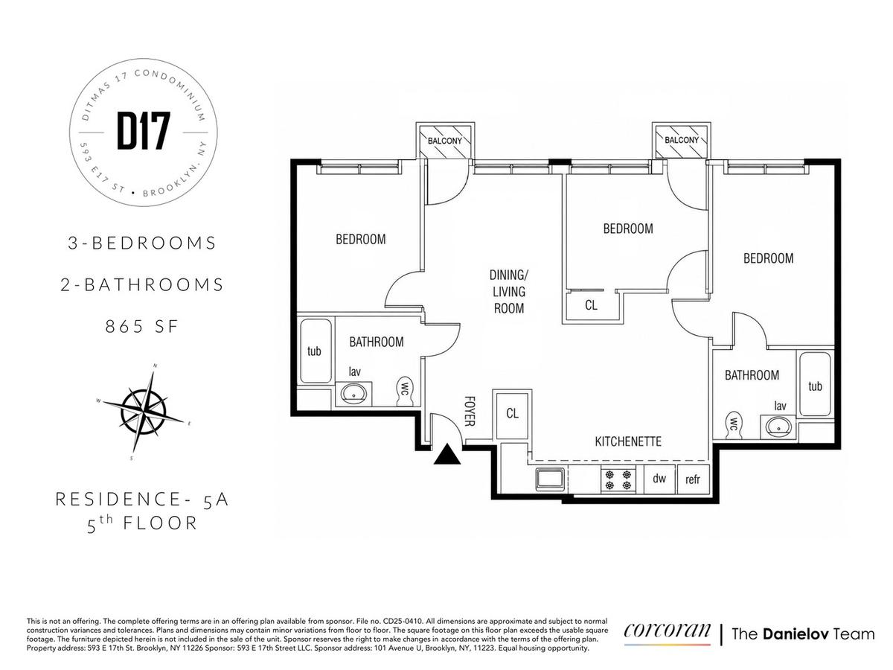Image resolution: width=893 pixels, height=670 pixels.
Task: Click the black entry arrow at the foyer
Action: point(447,455)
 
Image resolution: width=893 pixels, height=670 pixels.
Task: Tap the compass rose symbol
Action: point(143,412)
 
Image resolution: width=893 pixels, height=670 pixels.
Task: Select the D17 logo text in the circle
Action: point(143,132)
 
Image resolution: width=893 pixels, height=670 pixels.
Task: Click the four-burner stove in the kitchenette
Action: point(618,479)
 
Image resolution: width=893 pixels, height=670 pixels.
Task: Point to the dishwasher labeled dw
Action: point(659,479)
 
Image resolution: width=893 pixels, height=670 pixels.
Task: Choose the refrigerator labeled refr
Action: point(692,479)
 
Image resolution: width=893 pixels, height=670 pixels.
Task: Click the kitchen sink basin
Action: point(550,479)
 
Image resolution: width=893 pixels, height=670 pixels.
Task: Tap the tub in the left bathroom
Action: point(316,351)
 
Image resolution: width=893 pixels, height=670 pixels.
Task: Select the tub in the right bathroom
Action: point(815,384)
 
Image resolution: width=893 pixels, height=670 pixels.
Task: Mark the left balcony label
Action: point(445,141)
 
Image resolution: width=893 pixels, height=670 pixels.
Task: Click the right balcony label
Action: point(682,140)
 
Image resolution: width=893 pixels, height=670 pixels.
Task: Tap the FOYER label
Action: point(470,411)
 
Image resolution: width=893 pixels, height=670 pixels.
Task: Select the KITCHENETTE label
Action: point(628,441)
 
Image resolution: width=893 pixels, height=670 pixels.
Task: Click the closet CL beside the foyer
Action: point(512,414)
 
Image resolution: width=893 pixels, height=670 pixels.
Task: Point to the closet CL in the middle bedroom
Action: point(591,305)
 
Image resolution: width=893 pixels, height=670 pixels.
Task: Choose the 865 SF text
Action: point(142,326)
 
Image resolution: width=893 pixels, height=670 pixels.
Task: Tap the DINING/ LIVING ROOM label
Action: point(508,292)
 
